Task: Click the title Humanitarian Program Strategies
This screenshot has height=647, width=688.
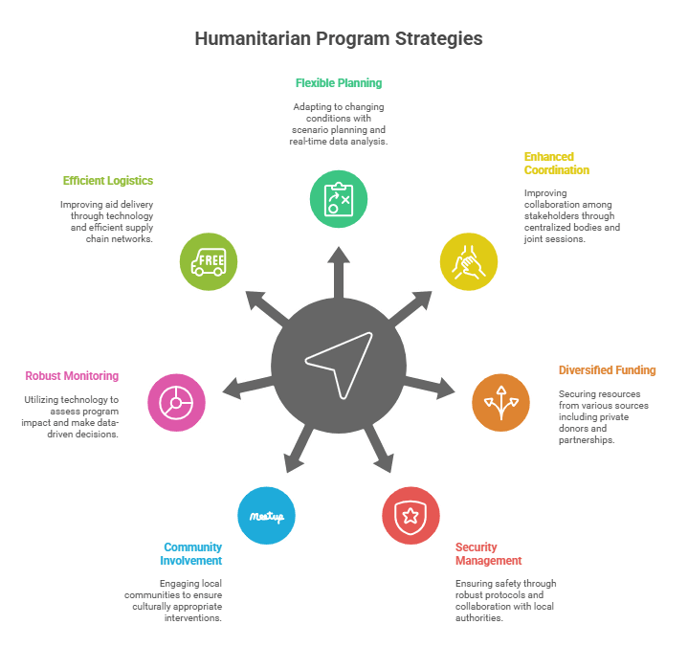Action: point(339,39)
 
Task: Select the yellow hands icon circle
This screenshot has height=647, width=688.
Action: point(468,260)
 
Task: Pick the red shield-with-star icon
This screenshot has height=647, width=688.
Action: point(411,516)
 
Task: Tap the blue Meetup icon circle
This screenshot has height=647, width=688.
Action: point(266,516)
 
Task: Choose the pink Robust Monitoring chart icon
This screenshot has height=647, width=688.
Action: point(176,401)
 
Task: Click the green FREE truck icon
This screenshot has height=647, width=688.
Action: point(209,260)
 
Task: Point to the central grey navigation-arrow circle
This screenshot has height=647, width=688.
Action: point(338,364)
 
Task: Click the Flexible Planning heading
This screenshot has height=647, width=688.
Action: point(338,83)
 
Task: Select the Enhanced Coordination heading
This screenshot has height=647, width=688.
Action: point(556,163)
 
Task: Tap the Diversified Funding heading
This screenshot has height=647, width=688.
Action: point(607,369)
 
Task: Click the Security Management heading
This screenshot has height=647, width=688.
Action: point(488,553)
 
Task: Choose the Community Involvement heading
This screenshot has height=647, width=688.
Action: point(192,553)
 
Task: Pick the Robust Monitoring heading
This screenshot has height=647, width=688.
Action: point(72,376)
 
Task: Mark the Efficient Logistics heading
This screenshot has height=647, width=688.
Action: point(108,180)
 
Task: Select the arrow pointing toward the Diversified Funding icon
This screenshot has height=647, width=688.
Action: point(435,385)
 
